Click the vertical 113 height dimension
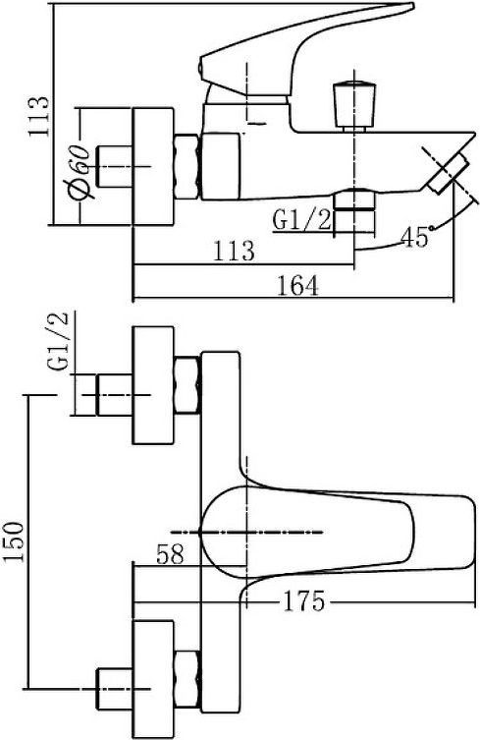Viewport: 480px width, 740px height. tap(38, 116)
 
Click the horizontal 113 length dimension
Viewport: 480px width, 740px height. tap(235, 251)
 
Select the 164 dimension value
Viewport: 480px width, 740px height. tap(297, 285)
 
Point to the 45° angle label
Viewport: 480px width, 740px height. tap(416, 237)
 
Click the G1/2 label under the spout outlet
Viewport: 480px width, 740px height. tap(302, 220)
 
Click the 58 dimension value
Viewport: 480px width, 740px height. tap(169, 553)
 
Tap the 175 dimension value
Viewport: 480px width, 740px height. tap(303, 600)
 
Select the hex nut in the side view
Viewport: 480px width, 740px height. tap(187, 167)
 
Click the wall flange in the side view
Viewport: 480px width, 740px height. tap(154, 167)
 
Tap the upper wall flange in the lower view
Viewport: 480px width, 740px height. tap(154, 384)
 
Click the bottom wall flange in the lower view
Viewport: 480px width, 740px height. tap(154, 680)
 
